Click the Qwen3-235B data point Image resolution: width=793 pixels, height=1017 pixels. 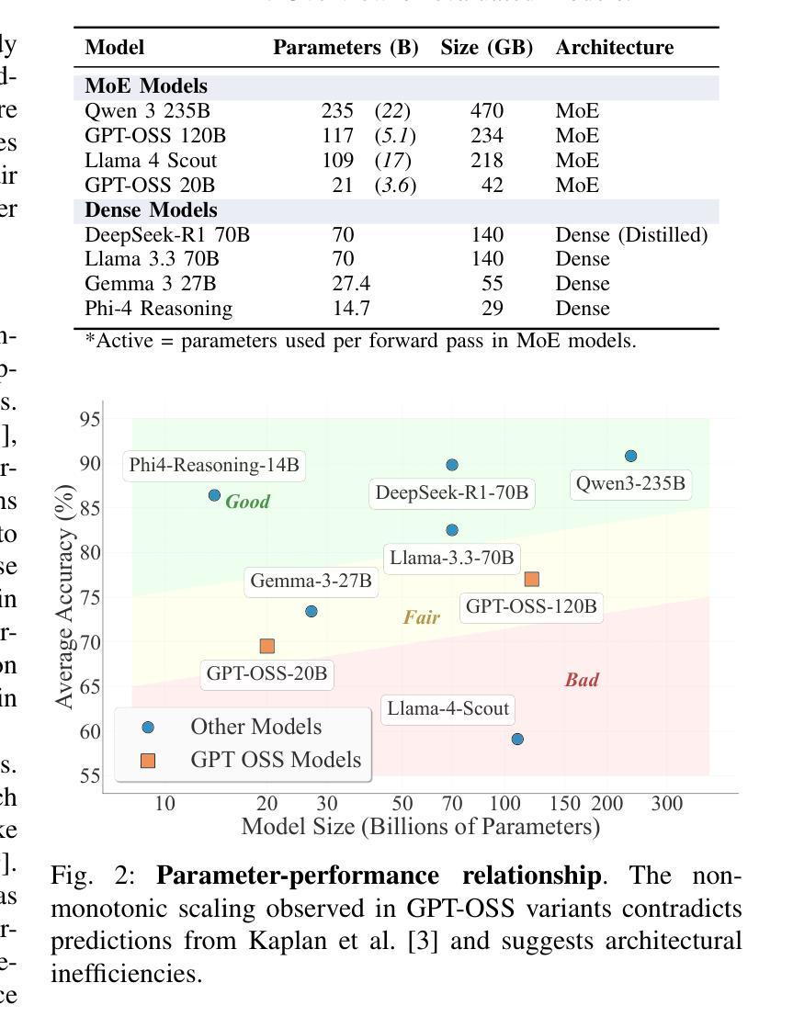point(630,456)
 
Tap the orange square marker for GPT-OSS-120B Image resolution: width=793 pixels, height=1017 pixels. point(531,579)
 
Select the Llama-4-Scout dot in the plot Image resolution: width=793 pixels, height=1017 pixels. point(517,739)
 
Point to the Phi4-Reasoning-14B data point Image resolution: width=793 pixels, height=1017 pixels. point(214,495)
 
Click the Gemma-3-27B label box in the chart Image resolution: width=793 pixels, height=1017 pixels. point(311,582)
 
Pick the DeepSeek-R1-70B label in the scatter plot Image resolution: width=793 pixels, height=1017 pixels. point(452,493)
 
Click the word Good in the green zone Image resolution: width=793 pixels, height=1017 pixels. point(247,502)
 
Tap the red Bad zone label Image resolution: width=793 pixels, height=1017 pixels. point(582,680)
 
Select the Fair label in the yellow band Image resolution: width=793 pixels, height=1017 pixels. point(421,617)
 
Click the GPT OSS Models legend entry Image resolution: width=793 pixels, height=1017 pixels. point(276,760)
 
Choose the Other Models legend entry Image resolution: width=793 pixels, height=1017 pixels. point(255,727)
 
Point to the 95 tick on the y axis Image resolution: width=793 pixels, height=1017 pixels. point(90,420)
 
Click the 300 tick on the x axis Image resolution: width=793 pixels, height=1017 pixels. point(667,804)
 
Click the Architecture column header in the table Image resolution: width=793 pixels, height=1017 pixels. point(614,48)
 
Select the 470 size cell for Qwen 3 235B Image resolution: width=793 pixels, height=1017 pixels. point(486,111)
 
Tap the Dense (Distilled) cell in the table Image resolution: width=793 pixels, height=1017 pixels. point(631,234)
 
